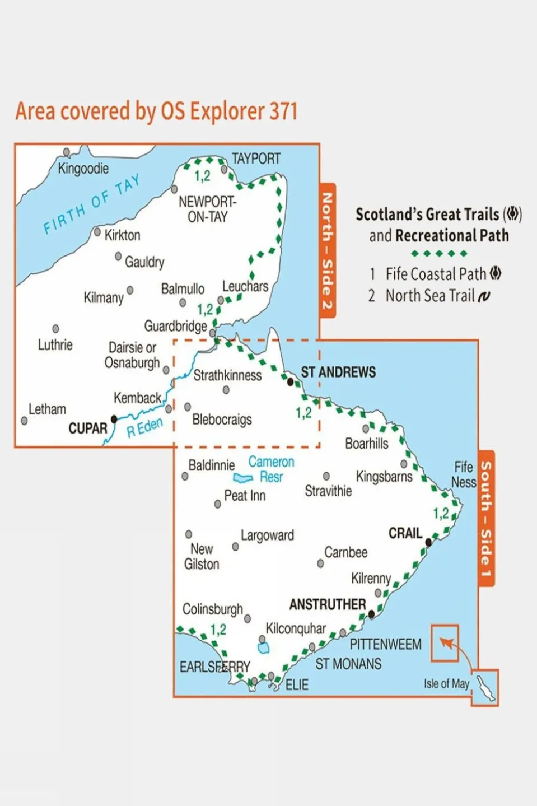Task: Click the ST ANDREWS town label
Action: tap(338, 372)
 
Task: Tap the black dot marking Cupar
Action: tap(114, 419)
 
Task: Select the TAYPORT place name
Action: tap(256, 159)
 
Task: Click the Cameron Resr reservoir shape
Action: tap(243, 478)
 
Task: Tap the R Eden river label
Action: tap(144, 427)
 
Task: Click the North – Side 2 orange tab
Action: tap(327, 250)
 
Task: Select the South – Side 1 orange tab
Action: tap(486, 518)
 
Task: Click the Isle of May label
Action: tap(446, 683)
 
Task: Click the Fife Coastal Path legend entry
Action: tap(436, 274)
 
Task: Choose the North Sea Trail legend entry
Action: tap(430, 296)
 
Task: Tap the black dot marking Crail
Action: tap(429, 542)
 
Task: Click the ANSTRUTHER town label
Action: tap(328, 604)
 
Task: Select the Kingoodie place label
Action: tap(83, 168)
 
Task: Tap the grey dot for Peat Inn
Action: tap(218, 504)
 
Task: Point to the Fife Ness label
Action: tap(464, 474)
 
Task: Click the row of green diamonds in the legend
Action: tap(439, 254)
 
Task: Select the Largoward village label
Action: tap(267, 535)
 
